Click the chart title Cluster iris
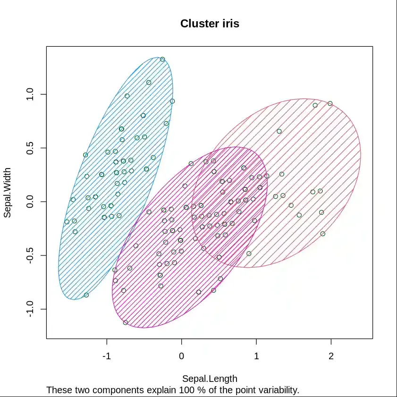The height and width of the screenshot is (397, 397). (210, 24)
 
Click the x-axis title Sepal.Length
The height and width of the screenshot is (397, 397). (210, 379)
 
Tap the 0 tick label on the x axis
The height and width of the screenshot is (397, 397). (181, 356)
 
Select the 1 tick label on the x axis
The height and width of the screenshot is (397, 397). (256, 356)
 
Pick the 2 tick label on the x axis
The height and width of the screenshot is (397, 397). (331, 356)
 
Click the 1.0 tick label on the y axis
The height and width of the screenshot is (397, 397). (30, 94)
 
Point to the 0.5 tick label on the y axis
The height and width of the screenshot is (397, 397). (30, 148)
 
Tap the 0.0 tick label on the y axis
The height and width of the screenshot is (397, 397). (30, 202)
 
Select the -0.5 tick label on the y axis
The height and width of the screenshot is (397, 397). (30, 255)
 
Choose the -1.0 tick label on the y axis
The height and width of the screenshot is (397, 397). (30, 309)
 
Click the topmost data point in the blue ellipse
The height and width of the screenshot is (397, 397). (162, 59)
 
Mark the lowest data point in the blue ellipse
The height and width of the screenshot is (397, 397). (86, 295)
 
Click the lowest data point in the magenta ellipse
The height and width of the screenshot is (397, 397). (126, 322)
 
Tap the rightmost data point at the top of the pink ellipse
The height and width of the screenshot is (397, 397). (330, 103)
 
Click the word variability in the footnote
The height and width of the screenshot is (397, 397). (276, 390)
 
